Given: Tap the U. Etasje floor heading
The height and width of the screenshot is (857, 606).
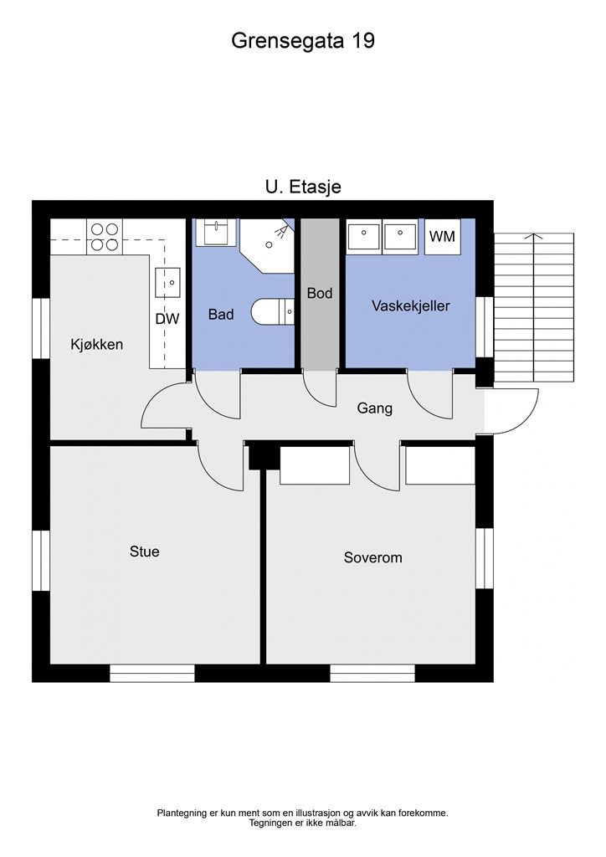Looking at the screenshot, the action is click(303, 187).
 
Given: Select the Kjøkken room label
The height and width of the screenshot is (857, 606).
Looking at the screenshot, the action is click(97, 345).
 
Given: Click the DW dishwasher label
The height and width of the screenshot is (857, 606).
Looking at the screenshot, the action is click(167, 319).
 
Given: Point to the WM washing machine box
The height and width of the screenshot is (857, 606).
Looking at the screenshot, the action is click(442, 237).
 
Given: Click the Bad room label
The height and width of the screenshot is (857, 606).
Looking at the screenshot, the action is click(221, 315).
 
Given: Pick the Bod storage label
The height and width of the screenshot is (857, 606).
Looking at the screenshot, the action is click(320, 294).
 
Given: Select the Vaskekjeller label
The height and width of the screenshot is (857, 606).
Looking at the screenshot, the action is click(411, 306).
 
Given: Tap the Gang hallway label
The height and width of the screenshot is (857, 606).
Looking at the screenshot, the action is click(375, 408).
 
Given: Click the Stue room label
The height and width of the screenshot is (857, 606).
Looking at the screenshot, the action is click(144, 552).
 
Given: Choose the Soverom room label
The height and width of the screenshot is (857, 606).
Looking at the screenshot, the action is click(372, 557).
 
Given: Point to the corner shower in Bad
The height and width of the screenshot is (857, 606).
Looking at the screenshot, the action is click(269, 245).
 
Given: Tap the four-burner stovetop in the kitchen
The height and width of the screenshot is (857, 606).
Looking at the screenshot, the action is click(105, 237).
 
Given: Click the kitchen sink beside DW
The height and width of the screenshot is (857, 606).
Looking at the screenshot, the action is click(167, 283).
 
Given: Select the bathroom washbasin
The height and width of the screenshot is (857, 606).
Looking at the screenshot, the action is click(217, 233).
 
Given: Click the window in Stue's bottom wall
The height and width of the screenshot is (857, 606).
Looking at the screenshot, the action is click(151, 674).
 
